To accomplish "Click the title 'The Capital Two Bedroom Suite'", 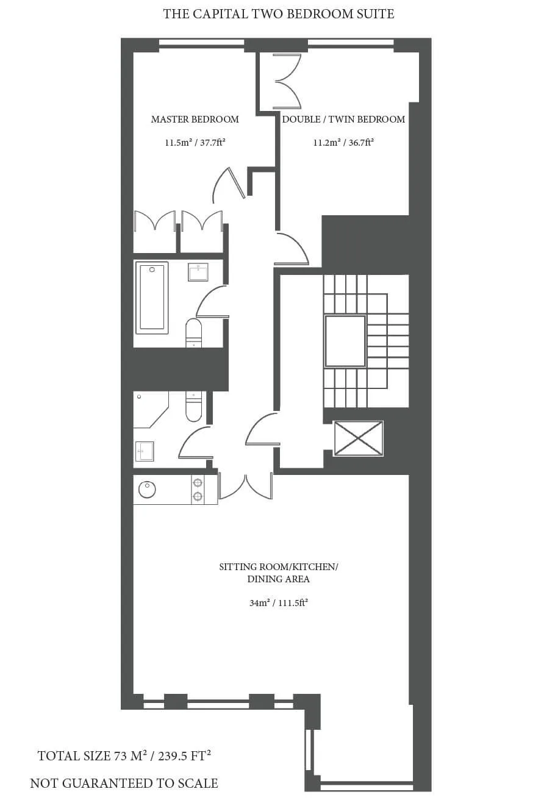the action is point(279,14).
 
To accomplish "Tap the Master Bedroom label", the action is point(195,120).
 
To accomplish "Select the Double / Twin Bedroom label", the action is point(343,120).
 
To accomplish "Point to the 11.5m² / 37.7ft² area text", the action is point(195,143).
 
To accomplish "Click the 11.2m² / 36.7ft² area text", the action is point(343,143).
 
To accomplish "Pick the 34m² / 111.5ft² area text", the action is point(279,603).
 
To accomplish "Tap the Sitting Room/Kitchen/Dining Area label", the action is point(279,573).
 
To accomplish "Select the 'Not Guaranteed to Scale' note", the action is point(124,783).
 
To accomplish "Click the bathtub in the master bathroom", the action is point(152,298).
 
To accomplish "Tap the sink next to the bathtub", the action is point(198,272).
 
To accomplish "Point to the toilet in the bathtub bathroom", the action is point(193,333).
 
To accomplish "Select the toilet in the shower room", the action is point(193,406).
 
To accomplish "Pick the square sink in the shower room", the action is point(145,451).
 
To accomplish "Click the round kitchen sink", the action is point(147,490).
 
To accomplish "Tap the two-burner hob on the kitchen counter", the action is point(198,490).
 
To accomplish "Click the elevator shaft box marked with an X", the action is point(359,438).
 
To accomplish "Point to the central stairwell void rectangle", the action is point(345,341).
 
